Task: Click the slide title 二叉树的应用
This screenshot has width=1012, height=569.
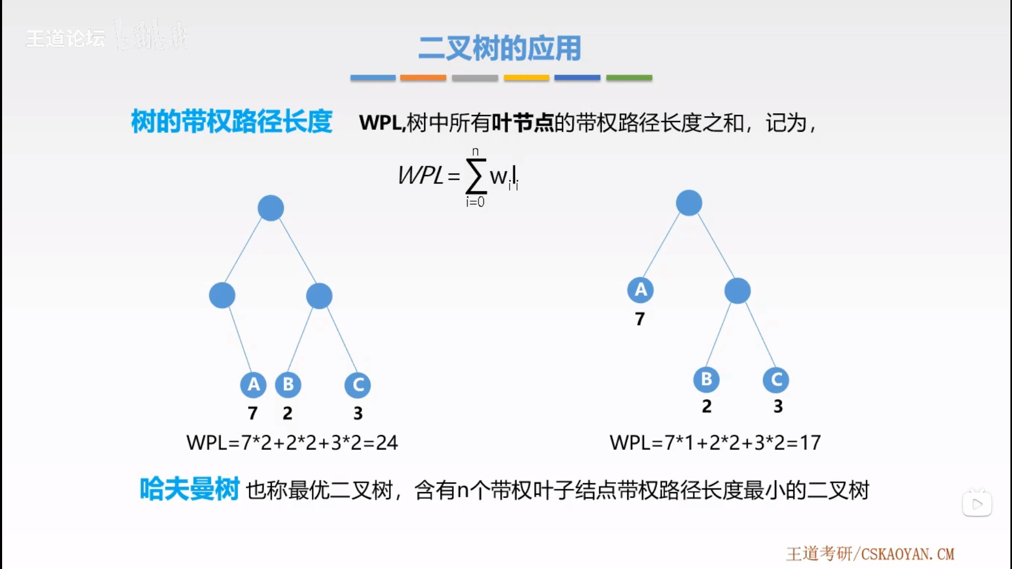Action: pyautogui.click(x=500, y=48)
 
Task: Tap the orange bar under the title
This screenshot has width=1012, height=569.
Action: pyautogui.click(x=423, y=78)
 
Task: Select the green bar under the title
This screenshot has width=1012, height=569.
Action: pyautogui.click(x=629, y=78)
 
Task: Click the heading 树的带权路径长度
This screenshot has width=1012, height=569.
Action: pyautogui.click(x=231, y=122)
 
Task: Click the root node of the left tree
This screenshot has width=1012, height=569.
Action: pyautogui.click(x=270, y=208)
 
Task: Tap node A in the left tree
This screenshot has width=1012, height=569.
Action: pyautogui.click(x=254, y=385)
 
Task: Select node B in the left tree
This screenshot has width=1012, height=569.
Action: pyautogui.click(x=288, y=385)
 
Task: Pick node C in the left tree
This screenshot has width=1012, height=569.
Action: pyautogui.click(x=358, y=385)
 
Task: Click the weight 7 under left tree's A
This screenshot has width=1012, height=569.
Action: pyautogui.click(x=253, y=413)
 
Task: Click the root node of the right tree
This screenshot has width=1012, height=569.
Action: pyautogui.click(x=688, y=203)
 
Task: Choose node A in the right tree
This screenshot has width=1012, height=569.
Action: pyautogui.click(x=640, y=290)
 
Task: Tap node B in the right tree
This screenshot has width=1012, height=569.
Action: pyautogui.click(x=706, y=379)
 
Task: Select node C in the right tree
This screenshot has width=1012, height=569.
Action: pyautogui.click(x=776, y=380)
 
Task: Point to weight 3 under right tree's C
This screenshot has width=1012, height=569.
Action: pyautogui.click(x=778, y=406)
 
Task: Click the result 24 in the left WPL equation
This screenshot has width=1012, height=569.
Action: pyautogui.click(x=387, y=443)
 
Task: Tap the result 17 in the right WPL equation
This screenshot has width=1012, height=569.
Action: pyautogui.click(x=810, y=443)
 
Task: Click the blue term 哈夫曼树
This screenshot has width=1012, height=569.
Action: pyautogui.click(x=189, y=489)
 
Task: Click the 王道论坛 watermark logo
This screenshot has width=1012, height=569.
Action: pyautogui.click(x=65, y=38)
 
